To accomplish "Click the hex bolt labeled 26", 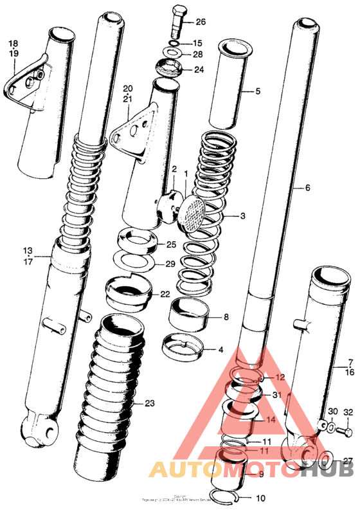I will [x=178, y=24].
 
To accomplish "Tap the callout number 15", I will [x=197, y=43].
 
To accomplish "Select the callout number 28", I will [x=197, y=55].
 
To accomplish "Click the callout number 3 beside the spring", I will [x=242, y=216].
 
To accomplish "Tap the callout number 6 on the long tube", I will [x=307, y=188].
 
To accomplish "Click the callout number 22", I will [x=165, y=294].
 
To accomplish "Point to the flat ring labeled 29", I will [x=136, y=261].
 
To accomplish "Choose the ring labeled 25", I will [x=137, y=242].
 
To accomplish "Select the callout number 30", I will [x=332, y=412].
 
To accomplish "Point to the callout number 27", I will [x=348, y=460].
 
